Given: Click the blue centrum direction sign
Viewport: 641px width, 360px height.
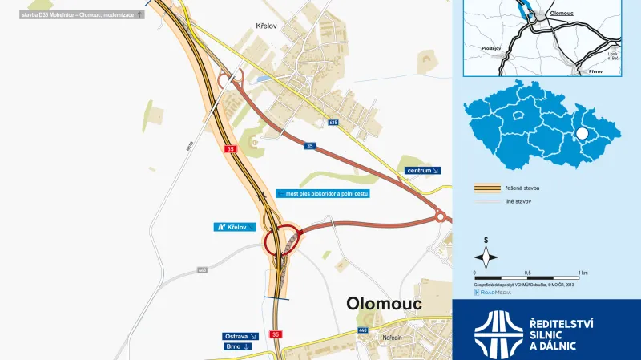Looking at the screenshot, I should coord(423,171).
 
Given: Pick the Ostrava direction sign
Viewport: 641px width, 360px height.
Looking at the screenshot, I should coord(241,336).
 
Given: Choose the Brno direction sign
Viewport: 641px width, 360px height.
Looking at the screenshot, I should coord(238,346).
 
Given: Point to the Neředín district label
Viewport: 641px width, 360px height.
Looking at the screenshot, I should coord(392,338).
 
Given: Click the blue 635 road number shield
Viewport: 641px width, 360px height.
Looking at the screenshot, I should coord(333,123).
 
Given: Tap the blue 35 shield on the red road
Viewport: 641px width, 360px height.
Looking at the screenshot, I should coord(309,146).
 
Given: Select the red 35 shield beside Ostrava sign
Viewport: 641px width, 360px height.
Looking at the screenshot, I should coord(276,334).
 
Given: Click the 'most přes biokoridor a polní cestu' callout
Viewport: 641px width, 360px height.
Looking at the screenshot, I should coord(321,194).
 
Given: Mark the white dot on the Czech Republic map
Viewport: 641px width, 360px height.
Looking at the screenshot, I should coord(583,134).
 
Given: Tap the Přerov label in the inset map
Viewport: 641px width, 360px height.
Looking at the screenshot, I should coord(595,71).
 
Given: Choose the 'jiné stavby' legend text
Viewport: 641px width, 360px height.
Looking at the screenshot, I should coord(519,201).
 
